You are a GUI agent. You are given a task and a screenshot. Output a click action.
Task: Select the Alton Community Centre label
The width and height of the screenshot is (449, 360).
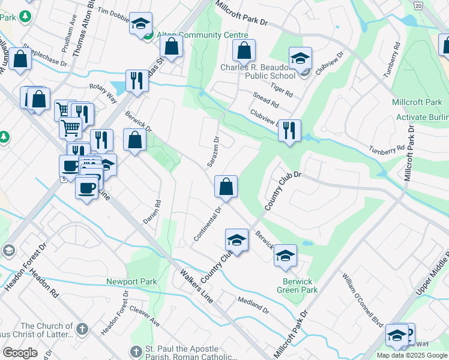194,35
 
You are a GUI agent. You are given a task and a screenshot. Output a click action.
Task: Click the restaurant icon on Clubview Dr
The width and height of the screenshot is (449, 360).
290,130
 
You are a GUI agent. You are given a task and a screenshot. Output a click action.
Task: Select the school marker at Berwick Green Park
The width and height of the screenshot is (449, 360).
285,255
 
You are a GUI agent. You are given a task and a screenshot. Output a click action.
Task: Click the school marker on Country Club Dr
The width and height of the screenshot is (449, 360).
237,240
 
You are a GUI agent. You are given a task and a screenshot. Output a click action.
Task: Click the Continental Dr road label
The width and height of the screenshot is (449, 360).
208,224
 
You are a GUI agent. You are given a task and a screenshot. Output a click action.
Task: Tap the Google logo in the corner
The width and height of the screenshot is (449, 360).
20,352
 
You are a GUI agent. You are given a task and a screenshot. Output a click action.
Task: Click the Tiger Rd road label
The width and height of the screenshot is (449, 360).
281,90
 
